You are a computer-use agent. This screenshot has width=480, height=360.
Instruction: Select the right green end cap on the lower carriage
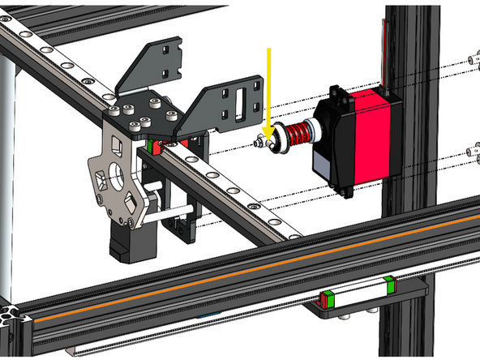[x=391, y=283]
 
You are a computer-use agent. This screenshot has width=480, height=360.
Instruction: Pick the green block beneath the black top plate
[x=155, y=148]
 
